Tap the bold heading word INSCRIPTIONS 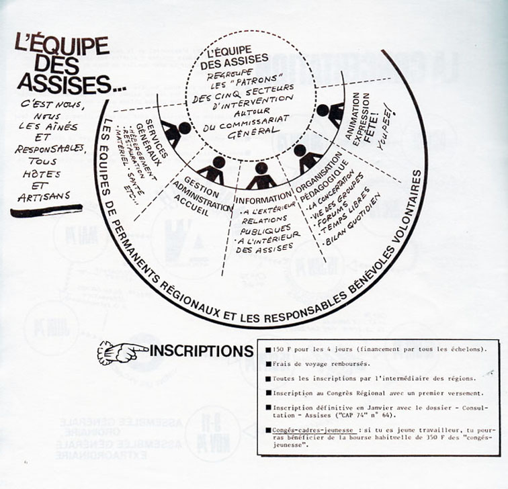tap(202, 351)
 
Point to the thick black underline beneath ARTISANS tap(47, 211)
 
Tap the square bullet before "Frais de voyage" tap(267, 363)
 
